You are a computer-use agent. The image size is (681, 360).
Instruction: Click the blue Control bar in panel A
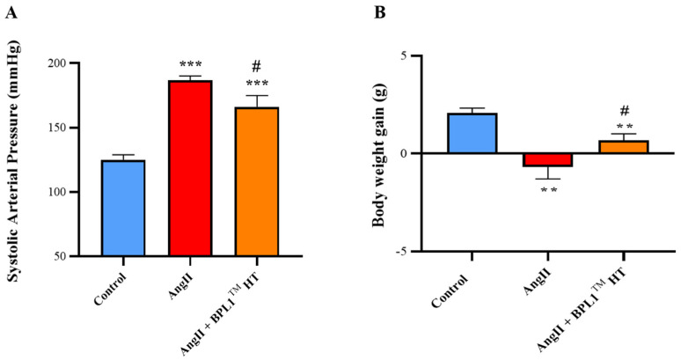[x=123, y=208]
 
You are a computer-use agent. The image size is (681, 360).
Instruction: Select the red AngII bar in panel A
[x=190, y=168]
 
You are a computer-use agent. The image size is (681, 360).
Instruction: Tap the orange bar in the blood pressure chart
[x=257, y=181]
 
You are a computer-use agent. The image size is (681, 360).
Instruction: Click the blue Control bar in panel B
[x=472, y=133]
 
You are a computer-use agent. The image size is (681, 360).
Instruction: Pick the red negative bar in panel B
[x=548, y=160]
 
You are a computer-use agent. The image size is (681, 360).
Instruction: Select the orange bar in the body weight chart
[x=624, y=147]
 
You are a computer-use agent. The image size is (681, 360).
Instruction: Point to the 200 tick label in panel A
[x=58, y=63]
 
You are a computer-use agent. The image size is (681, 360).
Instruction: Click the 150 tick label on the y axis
[x=58, y=128]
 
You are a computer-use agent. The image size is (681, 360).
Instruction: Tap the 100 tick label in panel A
[x=58, y=192]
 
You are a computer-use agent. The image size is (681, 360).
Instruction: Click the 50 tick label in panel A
[x=62, y=256]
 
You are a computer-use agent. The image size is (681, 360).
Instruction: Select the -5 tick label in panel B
[x=405, y=252]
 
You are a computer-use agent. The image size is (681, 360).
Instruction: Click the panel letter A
[x=11, y=13]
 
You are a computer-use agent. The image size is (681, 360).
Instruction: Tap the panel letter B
[x=379, y=13]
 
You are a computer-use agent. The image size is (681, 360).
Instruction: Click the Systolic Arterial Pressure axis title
[x=15, y=162]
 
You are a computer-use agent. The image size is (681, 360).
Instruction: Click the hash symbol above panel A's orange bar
[x=257, y=67]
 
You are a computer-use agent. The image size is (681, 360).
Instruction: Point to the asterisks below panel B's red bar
[x=548, y=190]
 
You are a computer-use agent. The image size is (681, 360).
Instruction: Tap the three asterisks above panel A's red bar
[x=190, y=65]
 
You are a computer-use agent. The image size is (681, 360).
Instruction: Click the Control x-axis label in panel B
[x=450, y=291]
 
